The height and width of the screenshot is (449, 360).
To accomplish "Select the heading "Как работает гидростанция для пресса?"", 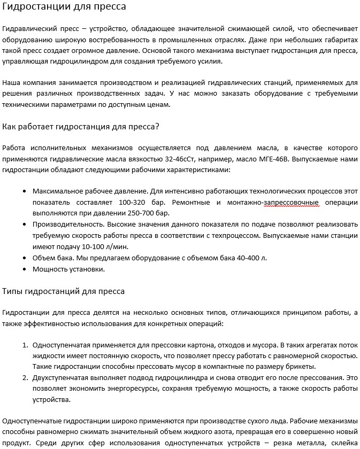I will coord(81,127).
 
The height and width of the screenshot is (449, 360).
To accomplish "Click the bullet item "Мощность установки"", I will coord(68,269).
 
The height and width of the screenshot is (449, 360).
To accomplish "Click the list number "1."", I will coord(25,345).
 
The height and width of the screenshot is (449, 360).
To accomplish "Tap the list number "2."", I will coord(25,378).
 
